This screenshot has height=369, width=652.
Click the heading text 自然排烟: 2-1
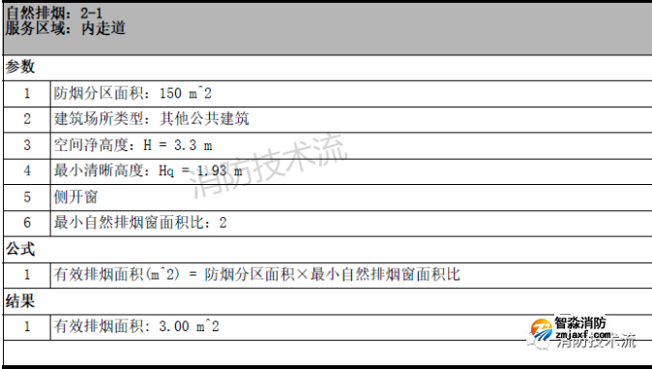pyautogui.click(x=65, y=13)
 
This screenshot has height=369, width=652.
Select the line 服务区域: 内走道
pyautogui.click(x=65, y=28)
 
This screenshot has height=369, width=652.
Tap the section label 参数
pyautogui.click(x=20, y=67)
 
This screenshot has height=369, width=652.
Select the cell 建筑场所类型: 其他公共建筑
pyautogui.click(x=151, y=119)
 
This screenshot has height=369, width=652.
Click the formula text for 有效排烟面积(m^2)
pyautogui.click(x=256, y=274)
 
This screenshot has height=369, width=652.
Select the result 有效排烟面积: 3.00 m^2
pyautogui.click(x=136, y=326)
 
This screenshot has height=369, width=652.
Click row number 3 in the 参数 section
pyautogui.click(x=27, y=145)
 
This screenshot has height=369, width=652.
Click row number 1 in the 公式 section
pyautogui.click(x=27, y=274)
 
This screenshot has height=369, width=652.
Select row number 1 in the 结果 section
pyautogui.click(x=27, y=326)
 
